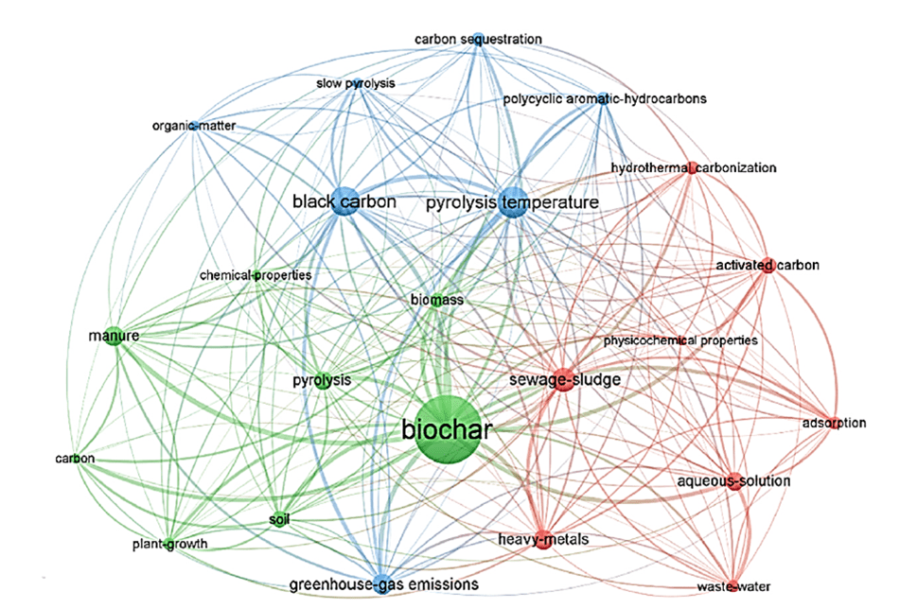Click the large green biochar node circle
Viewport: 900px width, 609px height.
point(447,431)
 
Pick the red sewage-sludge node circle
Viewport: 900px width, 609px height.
point(563,379)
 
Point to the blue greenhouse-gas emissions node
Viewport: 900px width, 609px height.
point(381,582)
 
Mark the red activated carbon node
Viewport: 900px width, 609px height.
point(768,266)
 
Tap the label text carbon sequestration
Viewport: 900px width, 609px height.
point(478,39)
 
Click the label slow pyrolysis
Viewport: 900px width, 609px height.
point(355,84)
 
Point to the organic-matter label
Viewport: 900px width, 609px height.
point(193,126)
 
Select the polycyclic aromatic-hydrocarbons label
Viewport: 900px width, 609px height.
point(605,98)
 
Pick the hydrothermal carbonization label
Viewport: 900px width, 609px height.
point(694,168)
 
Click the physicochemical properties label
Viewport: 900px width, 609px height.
point(680,340)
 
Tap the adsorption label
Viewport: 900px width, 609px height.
point(833,423)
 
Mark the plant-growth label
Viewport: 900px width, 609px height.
point(169,544)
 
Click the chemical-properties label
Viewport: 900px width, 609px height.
point(256,275)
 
